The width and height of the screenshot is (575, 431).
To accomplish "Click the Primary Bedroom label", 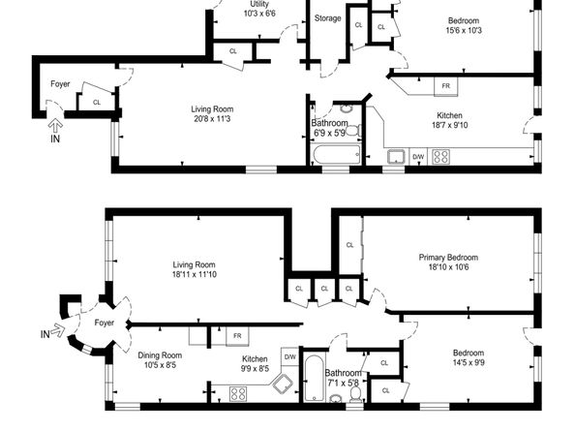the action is point(448,257).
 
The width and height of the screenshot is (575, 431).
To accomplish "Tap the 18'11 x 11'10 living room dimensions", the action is point(194,274).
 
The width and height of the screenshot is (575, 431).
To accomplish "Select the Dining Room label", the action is point(160,355).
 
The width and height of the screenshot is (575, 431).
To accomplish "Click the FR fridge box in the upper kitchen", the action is point(446,86).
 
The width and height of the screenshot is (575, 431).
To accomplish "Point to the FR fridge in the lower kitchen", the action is point(237,336).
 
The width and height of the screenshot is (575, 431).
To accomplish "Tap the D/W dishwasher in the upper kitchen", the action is point(418,157).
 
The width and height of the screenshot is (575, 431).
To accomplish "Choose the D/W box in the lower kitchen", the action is point(290,356).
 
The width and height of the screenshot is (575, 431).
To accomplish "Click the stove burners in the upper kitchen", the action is point(441,157).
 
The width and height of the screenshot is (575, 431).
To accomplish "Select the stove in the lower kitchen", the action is point(238,394).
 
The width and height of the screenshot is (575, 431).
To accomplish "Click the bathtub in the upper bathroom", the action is point(337,155).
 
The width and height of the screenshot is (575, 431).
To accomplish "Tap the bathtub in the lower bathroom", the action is point(315,378).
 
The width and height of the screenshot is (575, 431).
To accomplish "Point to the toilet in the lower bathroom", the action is point(355,394).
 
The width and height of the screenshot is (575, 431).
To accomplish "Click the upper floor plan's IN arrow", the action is point(55,126).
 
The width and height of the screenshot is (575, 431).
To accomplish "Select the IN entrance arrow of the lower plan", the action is point(58,330).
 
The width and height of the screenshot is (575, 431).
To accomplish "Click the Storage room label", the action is point(327,18).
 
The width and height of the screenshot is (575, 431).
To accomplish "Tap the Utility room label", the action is point(259,4).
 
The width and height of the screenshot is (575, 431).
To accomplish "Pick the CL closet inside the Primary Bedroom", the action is point(349,245).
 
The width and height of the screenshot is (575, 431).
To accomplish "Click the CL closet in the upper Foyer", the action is point(97,103).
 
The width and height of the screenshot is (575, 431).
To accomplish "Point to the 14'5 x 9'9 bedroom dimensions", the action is point(469,363).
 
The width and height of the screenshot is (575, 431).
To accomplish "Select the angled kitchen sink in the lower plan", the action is point(282,385).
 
